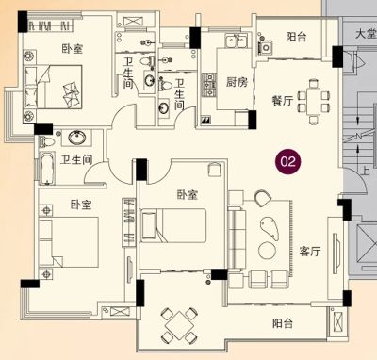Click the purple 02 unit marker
pyautogui.click(x=288, y=162)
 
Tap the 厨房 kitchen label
pyautogui.click(x=237, y=82)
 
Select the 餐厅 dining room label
pyautogui.click(x=283, y=101)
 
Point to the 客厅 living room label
pyautogui.click(x=310, y=252)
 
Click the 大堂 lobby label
pyautogui.click(x=366, y=34)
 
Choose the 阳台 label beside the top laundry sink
pyautogui.click(x=296, y=37)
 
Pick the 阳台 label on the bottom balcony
pyautogui.click(x=283, y=323)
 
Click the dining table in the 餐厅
pyautogui.click(x=313, y=101)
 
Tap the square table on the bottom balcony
pyautogui.click(x=179, y=325)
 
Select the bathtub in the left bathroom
pyautogui.click(x=46, y=168)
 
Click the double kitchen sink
pyautogui.click(x=237, y=41)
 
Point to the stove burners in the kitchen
pyautogui.click(x=208, y=85)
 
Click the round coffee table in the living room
pyautogui.click(x=268, y=251)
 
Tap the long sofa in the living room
pyautogui.click(x=237, y=238)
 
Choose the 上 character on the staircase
pyautogui.click(x=365, y=172)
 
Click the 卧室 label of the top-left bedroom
pyautogui.click(x=73, y=49)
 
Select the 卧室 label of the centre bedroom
pyautogui.click(x=188, y=195)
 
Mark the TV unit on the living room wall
pyautogui.click(x=336, y=254)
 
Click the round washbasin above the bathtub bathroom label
pyautogui.click(x=77, y=138)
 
